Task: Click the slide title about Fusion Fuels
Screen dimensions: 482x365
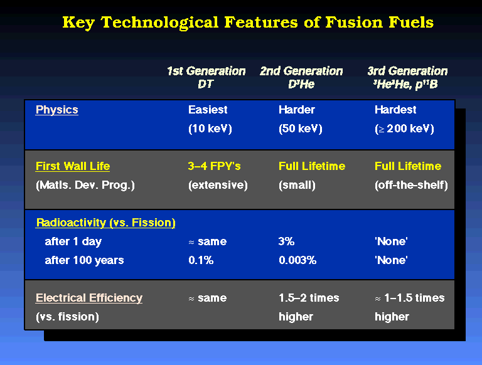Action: (x=248, y=23)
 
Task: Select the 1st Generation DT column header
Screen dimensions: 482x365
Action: (x=206, y=77)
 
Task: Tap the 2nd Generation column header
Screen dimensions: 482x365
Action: (x=301, y=77)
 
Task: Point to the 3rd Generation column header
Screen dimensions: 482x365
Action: (x=407, y=77)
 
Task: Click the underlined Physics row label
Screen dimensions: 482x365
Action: (x=57, y=110)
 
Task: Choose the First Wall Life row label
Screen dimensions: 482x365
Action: (x=73, y=166)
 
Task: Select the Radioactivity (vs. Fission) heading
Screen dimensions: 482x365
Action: (x=105, y=223)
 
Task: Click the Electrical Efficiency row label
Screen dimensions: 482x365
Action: (x=89, y=298)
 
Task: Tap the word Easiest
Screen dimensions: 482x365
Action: (x=208, y=110)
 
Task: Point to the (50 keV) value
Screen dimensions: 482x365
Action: (x=301, y=129)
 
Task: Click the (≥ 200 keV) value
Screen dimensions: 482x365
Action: (x=404, y=129)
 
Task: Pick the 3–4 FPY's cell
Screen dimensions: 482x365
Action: (x=214, y=166)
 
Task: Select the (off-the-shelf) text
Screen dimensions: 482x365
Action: (x=411, y=185)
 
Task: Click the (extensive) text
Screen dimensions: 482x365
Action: (x=218, y=185)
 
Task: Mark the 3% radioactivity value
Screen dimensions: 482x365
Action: (x=286, y=241)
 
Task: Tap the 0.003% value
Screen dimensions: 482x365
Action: (x=297, y=260)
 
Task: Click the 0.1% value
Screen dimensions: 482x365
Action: (x=201, y=260)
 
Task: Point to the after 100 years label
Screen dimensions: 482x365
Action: (x=84, y=260)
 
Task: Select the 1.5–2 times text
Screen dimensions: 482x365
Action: (x=309, y=298)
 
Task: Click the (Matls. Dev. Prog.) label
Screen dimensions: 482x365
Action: (x=85, y=185)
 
